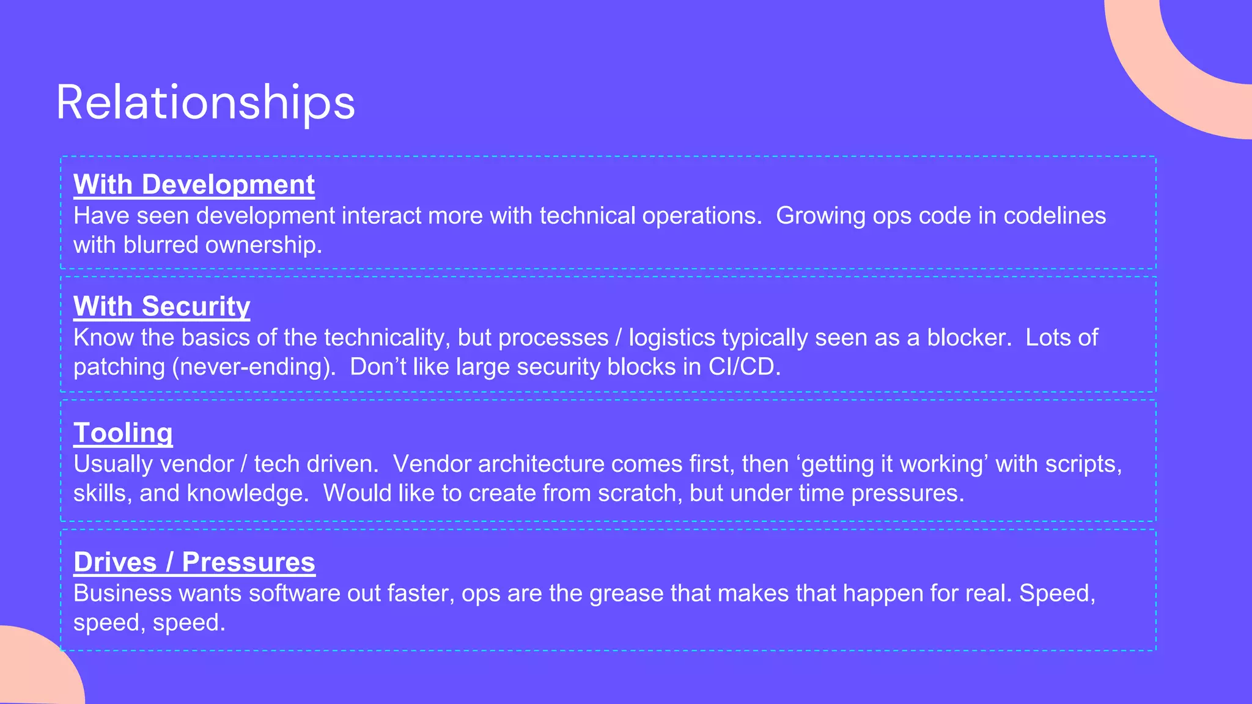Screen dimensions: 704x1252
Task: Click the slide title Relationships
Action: (x=205, y=102)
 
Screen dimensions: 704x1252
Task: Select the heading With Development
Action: (x=194, y=185)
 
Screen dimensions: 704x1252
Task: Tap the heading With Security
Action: (x=161, y=306)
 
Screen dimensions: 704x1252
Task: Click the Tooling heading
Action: (x=123, y=433)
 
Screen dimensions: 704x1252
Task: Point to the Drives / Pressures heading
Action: (x=194, y=562)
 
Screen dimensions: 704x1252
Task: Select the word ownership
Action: (x=263, y=245)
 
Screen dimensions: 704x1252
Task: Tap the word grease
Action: (x=627, y=594)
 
